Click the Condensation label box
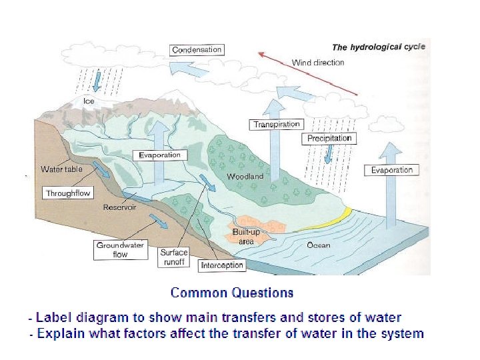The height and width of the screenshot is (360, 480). (197, 49)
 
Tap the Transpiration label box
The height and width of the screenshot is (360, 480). (277, 124)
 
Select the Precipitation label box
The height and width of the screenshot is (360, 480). (329, 138)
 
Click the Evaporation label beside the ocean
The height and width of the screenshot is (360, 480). (392, 170)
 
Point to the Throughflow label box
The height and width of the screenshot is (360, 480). (68, 193)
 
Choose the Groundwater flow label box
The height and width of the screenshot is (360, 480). (120, 249)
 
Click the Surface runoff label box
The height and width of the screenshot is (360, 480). (174, 257)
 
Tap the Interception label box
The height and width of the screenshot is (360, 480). (222, 265)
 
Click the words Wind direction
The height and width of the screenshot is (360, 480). (318, 63)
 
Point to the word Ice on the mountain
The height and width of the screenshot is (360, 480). (89, 101)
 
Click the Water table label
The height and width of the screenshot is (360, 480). (61, 169)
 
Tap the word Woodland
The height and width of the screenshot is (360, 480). (245, 177)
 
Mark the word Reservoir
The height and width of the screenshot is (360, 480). (119, 207)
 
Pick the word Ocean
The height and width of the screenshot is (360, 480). (318, 245)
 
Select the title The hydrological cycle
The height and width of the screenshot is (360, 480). (378, 47)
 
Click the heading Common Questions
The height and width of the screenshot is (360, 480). (231, 293)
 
